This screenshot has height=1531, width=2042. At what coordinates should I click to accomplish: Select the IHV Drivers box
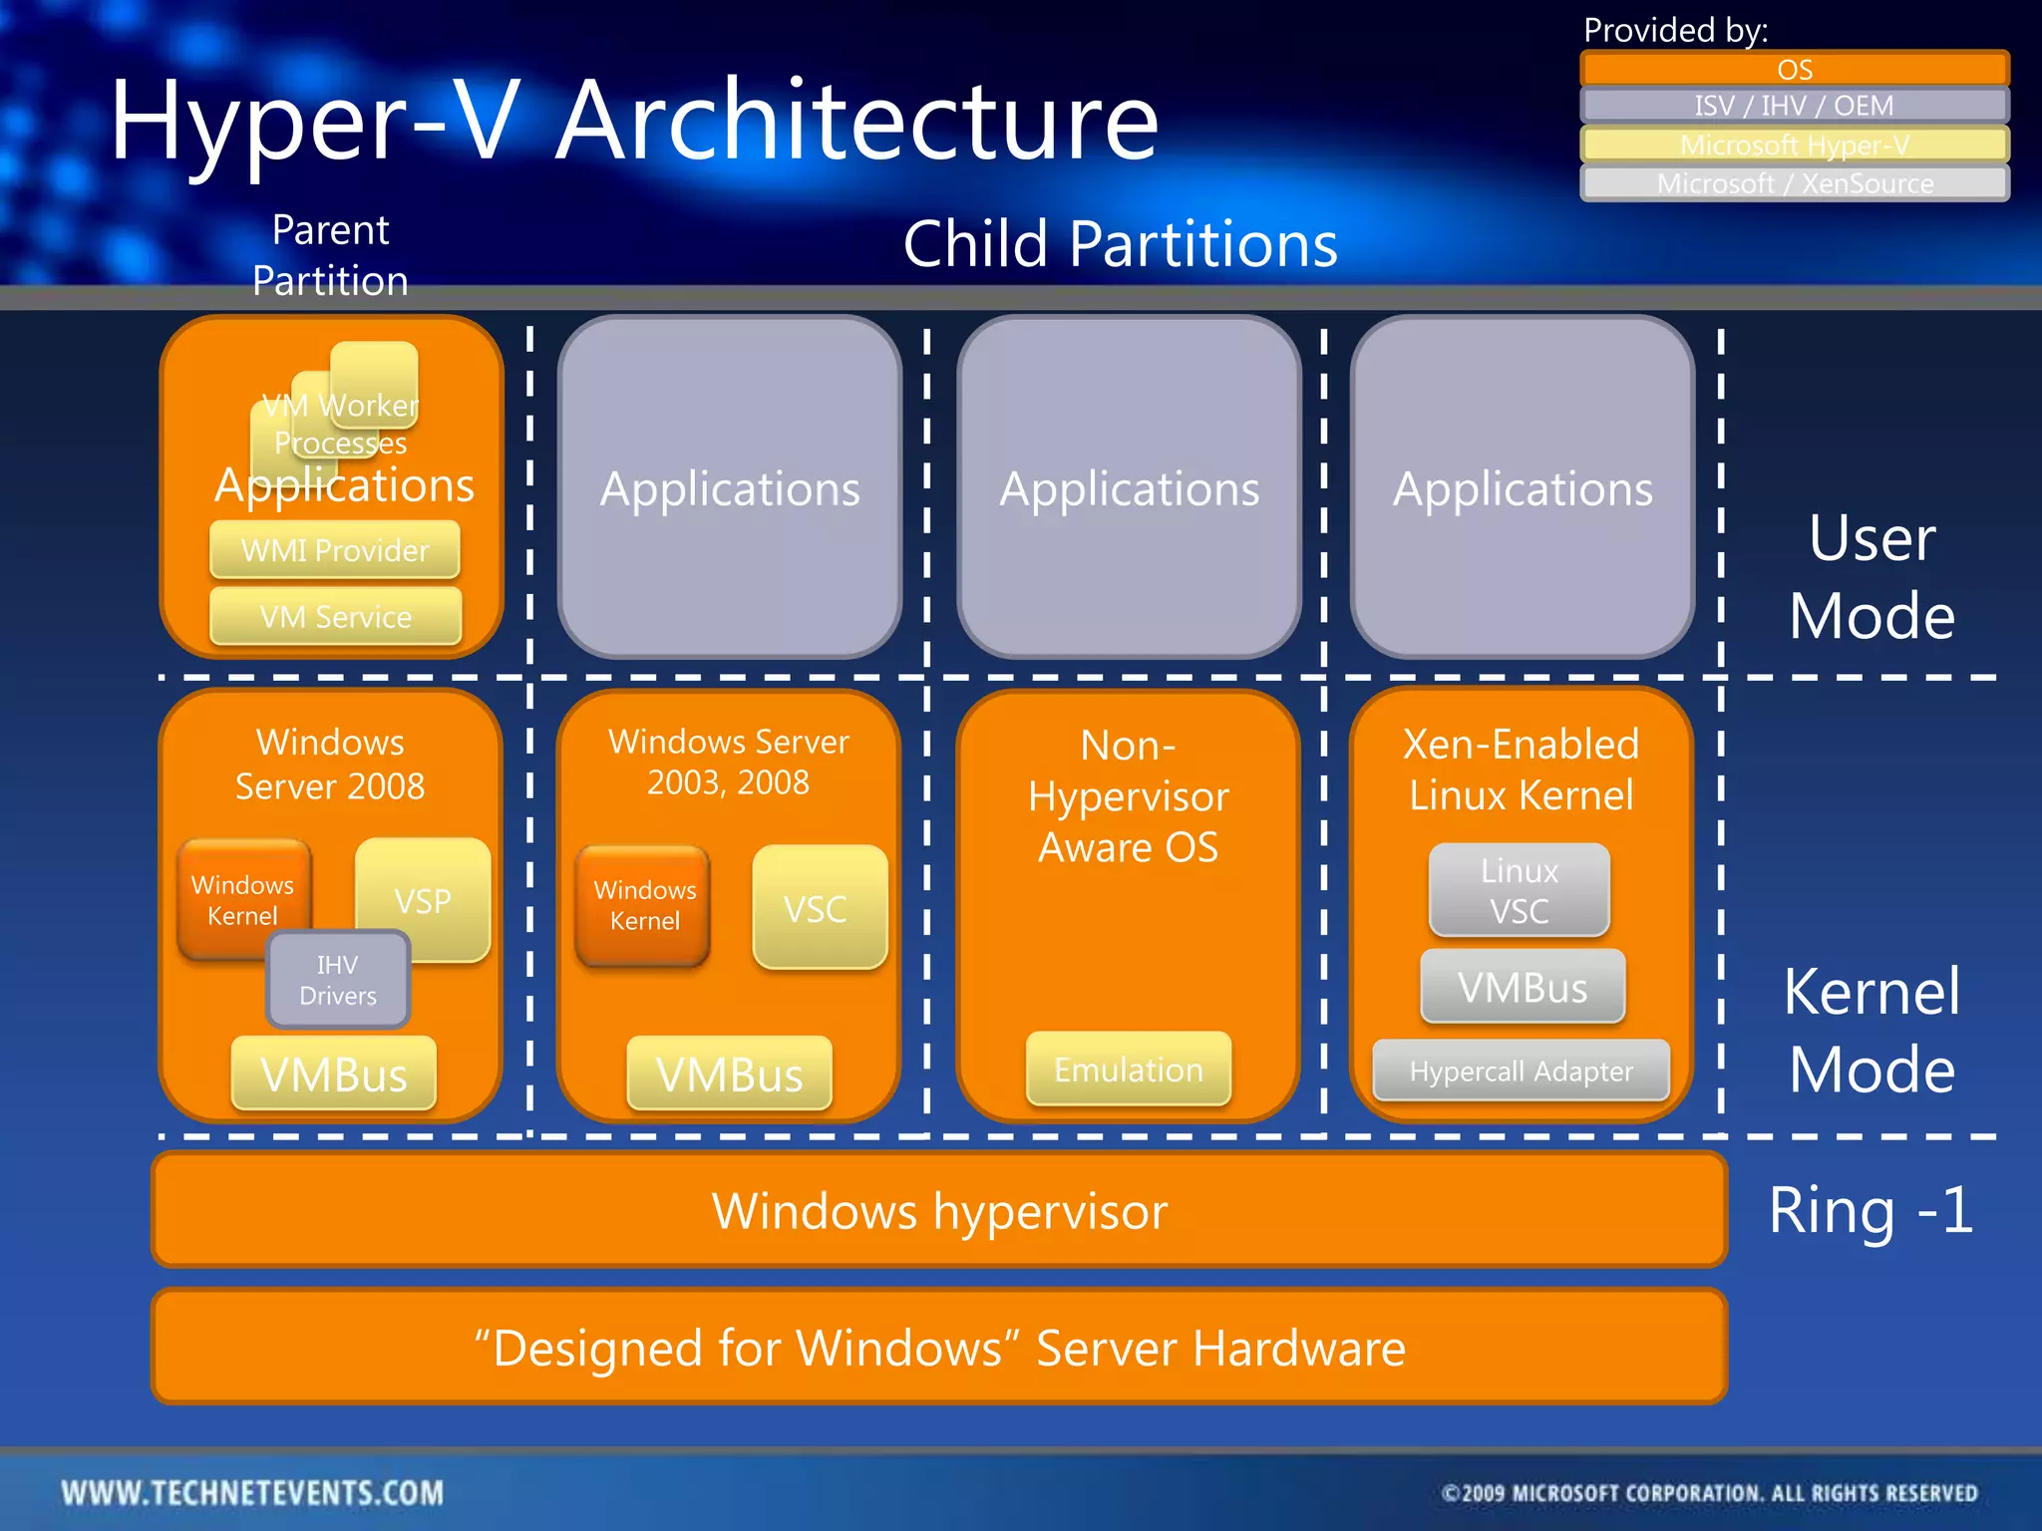pos(338,980)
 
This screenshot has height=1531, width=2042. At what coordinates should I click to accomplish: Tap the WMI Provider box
pos(335,550)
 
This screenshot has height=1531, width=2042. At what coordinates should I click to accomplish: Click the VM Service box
pos(335,617)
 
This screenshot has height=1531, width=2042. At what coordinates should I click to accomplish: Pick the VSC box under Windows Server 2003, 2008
pos(819,908)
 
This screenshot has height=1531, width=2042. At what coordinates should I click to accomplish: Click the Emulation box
pos(1128,1070)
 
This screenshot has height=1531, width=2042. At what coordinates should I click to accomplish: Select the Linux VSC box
pos(1519,890)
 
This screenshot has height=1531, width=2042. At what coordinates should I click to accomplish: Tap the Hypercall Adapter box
pos(1521,1072)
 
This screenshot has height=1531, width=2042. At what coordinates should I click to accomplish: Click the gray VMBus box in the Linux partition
pos(1522,987)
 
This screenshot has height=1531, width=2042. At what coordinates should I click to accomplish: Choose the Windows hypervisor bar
pos(938,1210)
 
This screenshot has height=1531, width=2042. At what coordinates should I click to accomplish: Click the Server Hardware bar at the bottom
pos(938,1348)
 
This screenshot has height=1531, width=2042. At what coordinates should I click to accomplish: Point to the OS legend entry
pos(1794,69)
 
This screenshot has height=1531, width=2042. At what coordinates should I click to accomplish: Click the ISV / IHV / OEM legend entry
pos(1794,106)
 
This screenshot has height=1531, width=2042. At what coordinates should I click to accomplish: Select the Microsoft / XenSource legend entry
pos(1794,183)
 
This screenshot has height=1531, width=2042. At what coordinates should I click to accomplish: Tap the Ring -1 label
pos(1871,1210)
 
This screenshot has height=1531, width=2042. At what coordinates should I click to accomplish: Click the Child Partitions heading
pos(1120,244)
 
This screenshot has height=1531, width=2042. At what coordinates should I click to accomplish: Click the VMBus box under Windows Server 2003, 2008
pos(729,1074)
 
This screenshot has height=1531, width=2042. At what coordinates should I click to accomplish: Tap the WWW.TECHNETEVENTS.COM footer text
pos(252,1492)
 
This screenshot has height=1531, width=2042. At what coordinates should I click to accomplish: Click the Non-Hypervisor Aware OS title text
pos(1128,795)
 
